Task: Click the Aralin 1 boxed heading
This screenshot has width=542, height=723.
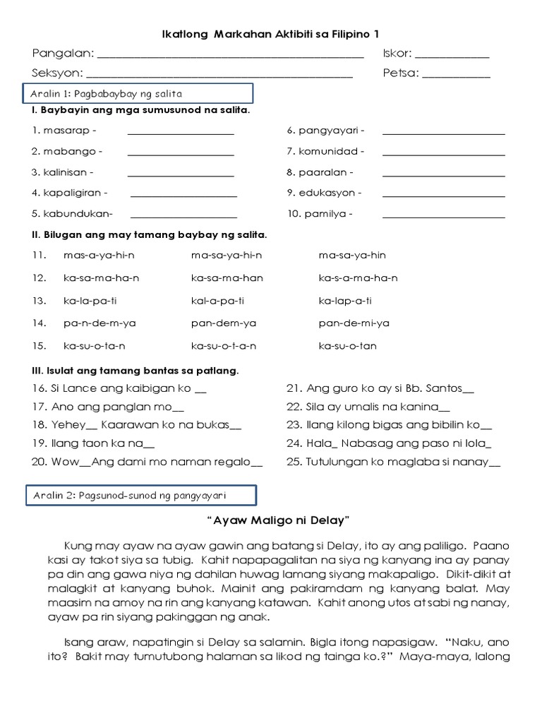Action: (x=138, y=93)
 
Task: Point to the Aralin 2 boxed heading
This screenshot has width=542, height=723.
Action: (x=141, y=496)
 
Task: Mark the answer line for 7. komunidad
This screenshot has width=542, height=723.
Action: (x=443, y=153)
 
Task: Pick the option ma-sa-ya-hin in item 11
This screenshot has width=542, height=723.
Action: (x=352, y=255)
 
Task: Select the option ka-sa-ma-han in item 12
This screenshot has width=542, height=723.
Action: (x=227, y=277)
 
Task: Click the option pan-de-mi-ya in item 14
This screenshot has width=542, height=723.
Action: (x=354, y=323)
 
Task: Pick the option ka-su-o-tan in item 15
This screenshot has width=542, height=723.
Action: (x=347, y=345)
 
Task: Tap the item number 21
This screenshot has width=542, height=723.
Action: (x=294, y=388)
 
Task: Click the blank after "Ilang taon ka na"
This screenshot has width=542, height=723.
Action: (x=149, y=444)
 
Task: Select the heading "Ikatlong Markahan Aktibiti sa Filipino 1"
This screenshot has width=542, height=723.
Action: (x=271, y=34)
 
